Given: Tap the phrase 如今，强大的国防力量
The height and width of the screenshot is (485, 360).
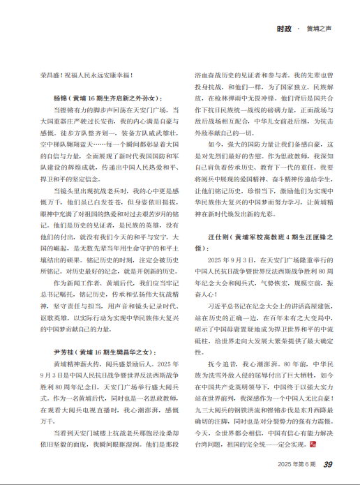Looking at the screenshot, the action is (x=244, y=162).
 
